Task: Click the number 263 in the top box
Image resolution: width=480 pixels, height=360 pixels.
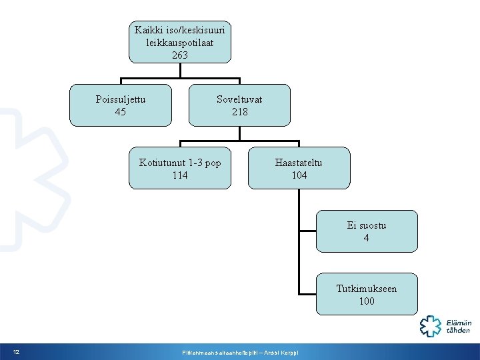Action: coord(180,55)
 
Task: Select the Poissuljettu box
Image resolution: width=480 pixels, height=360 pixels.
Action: coord(121,105)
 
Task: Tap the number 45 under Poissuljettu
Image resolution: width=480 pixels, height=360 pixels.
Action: coord(121,112)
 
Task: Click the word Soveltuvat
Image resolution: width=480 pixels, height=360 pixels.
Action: coord(239,99)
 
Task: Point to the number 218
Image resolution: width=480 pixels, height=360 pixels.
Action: coord(239,112)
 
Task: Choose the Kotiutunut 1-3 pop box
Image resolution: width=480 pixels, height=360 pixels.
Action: coord(180,169)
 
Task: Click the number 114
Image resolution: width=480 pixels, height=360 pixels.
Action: coord(180,175)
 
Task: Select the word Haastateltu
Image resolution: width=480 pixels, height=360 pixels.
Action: coord(299,162)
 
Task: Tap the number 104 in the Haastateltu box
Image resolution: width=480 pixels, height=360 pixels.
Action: coord(299,175)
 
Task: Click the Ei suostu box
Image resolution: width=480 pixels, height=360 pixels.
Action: coord(366,231)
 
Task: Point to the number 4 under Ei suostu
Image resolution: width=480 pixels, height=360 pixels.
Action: coord(367,238)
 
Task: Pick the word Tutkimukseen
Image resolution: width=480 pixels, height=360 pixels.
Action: coord(367,289)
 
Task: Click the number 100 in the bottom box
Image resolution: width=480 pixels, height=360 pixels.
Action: coord(367,301)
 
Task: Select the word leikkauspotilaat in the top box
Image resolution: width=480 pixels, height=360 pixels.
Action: coord(180,42)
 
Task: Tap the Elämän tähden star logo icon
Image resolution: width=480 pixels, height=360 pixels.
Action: coord(429,325)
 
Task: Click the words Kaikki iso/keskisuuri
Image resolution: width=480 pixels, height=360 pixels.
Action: coord(180,30)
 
